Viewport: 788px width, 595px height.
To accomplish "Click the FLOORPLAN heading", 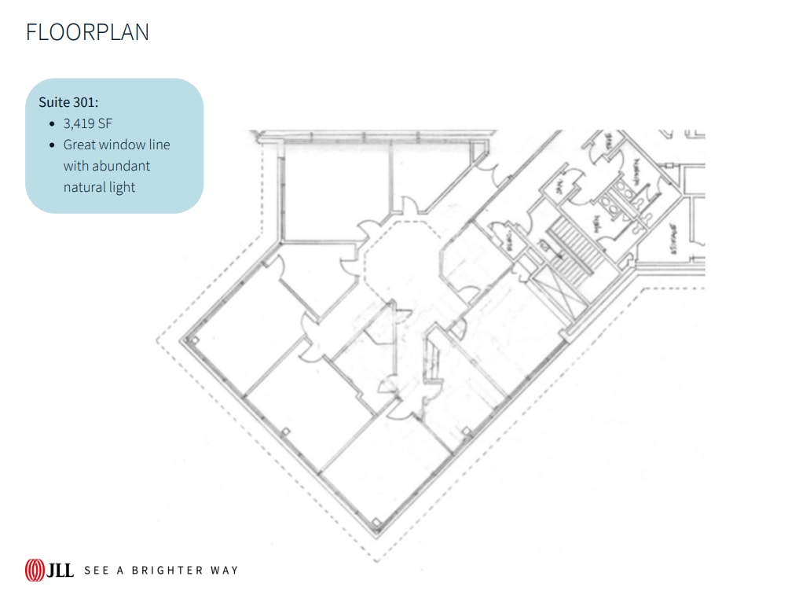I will coord(87,32).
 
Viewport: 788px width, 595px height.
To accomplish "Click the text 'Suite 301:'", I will coord(68,102).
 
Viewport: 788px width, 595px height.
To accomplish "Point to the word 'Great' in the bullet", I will coord(79,145).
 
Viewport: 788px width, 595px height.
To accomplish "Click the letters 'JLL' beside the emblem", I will coord(60,570).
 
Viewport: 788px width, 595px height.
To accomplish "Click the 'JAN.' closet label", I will coord(559,185).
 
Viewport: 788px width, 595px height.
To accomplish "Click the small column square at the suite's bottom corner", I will coord(378,522).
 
